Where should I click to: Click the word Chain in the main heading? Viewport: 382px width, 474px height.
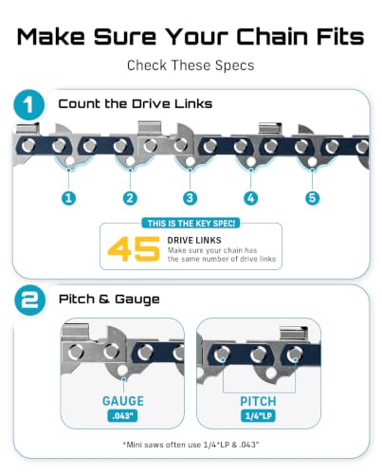pyautogui.click(x=273, y=36)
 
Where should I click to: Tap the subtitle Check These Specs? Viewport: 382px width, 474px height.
pyautogui.click(x=191, y=65)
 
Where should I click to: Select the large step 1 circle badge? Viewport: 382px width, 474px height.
pyautogui.click(x=29, y=105)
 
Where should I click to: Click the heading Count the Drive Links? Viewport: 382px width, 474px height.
pyautogui.click(x=136, y=103)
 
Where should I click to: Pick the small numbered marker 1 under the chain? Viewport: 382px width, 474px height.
pyautogui.click(x=69, y=198)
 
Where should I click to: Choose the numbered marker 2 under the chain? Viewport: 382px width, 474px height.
pyautogui.click(x=130, y=198)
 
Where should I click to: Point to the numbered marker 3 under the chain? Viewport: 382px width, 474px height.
pyautogui.click(x=190, y=198)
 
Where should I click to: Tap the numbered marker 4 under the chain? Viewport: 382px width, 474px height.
pyautogui.click(x=251, y=198)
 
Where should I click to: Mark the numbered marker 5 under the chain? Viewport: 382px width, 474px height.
pyautogui.click(x=312, y=198)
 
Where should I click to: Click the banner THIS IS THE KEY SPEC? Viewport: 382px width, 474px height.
pyautogui.click(x=191, y=224)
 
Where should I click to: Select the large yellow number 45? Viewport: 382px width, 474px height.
pyautogui.click(x=134, y=249)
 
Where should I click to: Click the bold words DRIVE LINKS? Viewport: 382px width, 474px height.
pyautogui.click(x=194, y=240)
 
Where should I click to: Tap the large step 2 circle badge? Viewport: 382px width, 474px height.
pyautogui.click(x=29, y=300)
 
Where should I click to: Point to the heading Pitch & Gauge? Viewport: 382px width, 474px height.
pyautogui.click(x=109, y=299)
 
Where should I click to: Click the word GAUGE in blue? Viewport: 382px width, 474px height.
pyautogui.click(x=123, y=401)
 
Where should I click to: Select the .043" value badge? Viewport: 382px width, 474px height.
pyautogui.click(x=122, y=415)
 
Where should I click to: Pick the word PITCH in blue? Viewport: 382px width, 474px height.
pyautogui.click(x=258, y=401)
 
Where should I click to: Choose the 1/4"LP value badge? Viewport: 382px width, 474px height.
pyautogui.click(x=258, y=415)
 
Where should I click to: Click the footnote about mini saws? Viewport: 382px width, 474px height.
pyautogui.click(x=191, y=445)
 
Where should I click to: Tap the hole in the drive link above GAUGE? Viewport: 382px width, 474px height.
pyautogui.click(x=122, y=371)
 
